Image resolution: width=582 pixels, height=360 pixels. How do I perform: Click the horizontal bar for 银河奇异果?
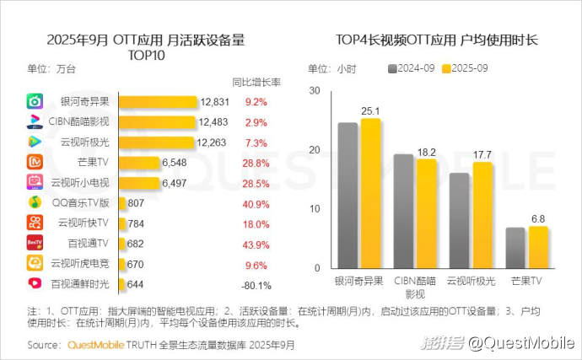point(159,102)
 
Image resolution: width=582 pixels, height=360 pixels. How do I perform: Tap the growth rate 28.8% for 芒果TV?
point(256,163)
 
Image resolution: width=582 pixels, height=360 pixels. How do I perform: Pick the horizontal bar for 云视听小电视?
point(138,183)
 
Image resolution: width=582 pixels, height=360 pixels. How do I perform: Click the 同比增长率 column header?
point(256,82)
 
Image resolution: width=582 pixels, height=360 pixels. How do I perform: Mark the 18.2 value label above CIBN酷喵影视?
point(427,152)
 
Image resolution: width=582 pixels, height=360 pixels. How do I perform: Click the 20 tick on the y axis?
point(315,150)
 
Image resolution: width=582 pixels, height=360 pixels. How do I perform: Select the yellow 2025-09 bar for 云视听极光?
point(481,215)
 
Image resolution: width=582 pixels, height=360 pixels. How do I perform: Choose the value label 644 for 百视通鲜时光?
point(137,284)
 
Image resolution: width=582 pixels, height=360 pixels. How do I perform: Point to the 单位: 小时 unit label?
point(331,69)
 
